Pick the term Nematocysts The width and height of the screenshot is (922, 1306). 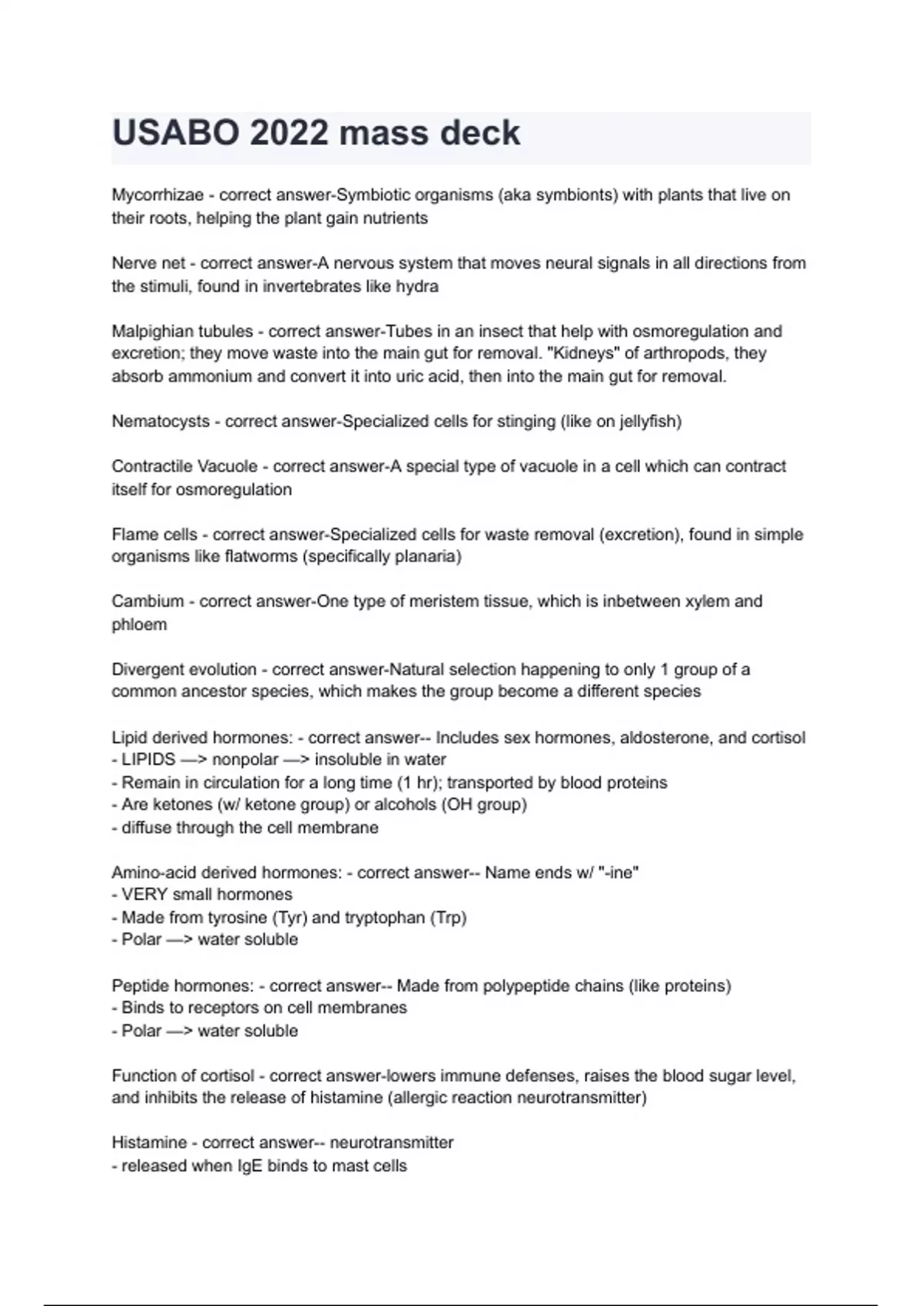click(161, 422)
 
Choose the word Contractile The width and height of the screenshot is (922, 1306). click(151, 466)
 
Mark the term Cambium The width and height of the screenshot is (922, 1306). click(148, 602)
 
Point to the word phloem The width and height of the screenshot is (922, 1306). click(139, 625)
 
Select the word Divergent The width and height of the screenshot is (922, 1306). click(146, 669)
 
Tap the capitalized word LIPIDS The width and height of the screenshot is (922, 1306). click(148, 760)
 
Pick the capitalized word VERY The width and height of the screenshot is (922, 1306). click(144, 895)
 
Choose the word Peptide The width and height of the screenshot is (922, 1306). click(141, 986)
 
